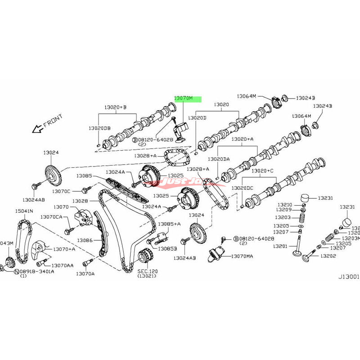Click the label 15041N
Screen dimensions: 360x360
24,211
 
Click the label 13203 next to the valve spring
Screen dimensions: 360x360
282,217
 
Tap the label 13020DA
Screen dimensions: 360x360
219,159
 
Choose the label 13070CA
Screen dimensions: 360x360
51,217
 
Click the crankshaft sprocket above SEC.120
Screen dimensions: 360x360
145,258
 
